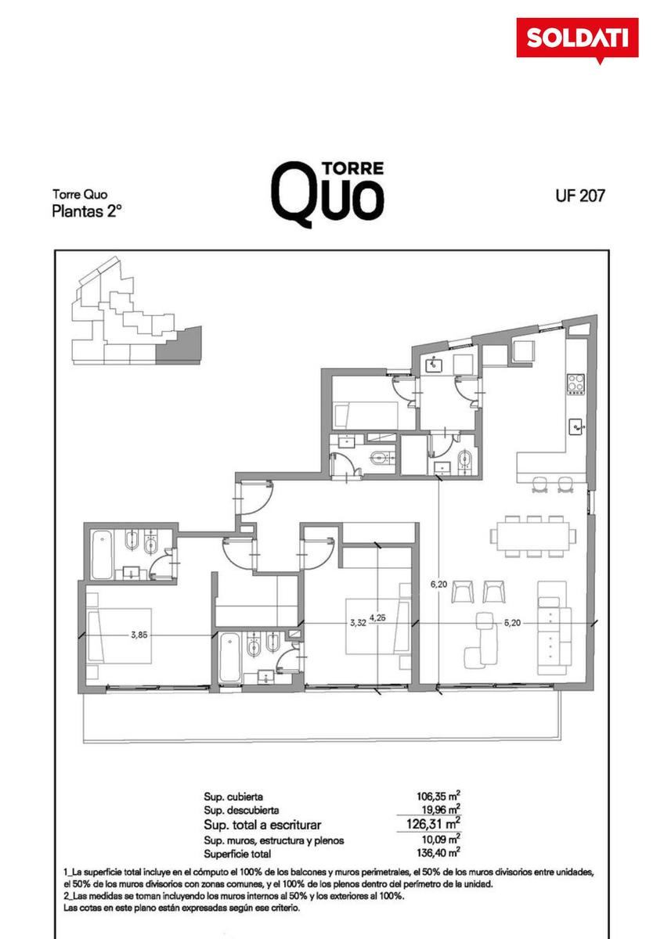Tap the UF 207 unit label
click(x=580, y=196)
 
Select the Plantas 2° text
click(x=87, y=212)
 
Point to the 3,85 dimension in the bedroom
click(x=139, y=635)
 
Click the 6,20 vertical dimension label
click(x=438, y=584)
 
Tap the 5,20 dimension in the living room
click(x=512, y=623)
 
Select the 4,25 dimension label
click(x=377, y=617)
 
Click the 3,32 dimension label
click(x=358, y=623)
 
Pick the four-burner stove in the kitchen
click(x=576, y=383)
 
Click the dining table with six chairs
click(x=533, y=537)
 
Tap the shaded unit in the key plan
click(x=179, y=345)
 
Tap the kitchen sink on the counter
click(x=576, y=427)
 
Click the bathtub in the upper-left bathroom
click(x=102, y=555)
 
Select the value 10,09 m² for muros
click(x=442, y=839)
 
